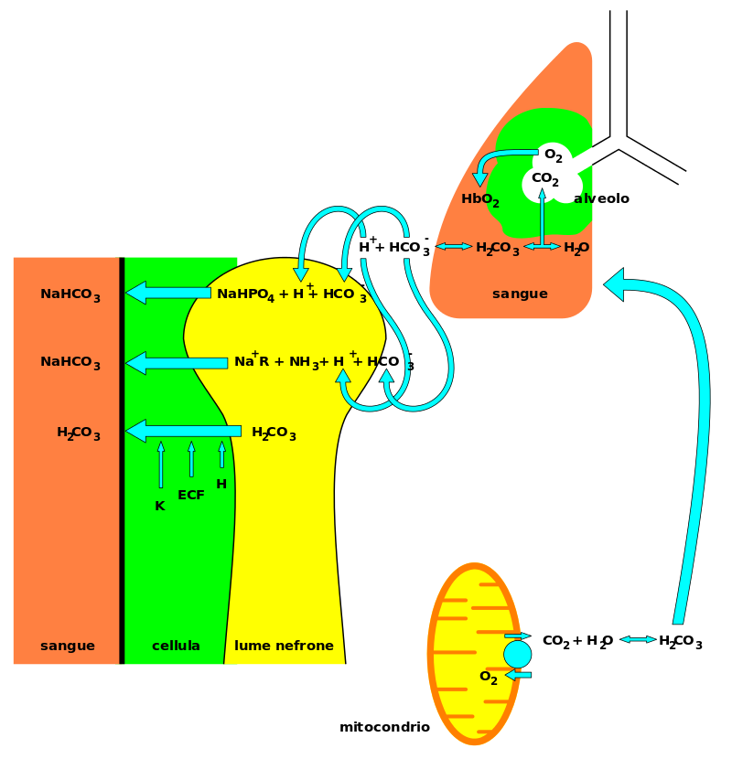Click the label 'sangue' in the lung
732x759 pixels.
520,294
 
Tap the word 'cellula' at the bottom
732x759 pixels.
176,646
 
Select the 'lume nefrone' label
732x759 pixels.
284,646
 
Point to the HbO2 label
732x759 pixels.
480,199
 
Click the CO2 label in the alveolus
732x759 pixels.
544,179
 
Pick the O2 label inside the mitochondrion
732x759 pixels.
489,678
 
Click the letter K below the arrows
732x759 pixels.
160,506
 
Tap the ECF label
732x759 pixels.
191,496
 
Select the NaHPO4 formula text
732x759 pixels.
245,294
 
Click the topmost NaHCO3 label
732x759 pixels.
70,294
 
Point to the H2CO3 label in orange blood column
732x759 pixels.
78,433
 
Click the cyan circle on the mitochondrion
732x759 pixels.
517,654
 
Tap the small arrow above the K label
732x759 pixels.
161,465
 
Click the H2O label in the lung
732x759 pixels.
576,248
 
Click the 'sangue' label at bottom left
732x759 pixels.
68,646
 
